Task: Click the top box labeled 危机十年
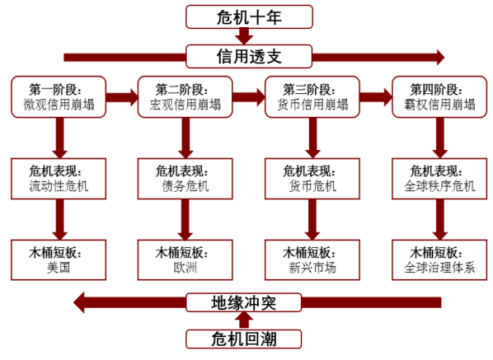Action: pyautogui.click(x=249, y=16)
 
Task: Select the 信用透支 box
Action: pyautogui.click(x=249, y=57)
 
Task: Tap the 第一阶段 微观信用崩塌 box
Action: pyautogui.click(x=59, y=96)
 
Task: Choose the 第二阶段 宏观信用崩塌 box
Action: pyautogui.click(x=185, y=96)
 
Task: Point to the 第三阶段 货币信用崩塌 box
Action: pyautogui.click(x=312, y=96)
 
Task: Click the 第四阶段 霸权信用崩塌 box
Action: pyautogui.click(x=439, y=96)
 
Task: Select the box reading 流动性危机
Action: pyautogui.click(x=59, y=179)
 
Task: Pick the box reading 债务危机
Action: pyautogui.click(x=185, y=179)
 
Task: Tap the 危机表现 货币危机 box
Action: pyautogui.click(x=312, y=179)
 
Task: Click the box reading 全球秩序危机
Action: pyautogui.click(x=439, y=179)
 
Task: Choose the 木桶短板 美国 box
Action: pyautogui.click(x=59, y=259)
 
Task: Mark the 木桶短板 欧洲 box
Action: pyautogui.click(x=185, y=259)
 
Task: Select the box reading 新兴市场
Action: pyautogui.click(x=312, y=259)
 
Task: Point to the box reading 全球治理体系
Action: pyautogui.click(x=439, y=259)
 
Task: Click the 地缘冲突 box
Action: pyautogui.click(x=244, y=302)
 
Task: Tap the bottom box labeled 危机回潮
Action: pyautogui.click(x=244, y=339)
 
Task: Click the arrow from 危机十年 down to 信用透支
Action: pyautogui.click(x=244, y=35)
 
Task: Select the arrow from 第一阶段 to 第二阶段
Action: pyautogui.click(x=122, y=97)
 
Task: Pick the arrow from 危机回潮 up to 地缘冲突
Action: pyautogui.click(x=244, y=320)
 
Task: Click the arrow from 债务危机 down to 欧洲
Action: pyautogui.click(x=185, y=220)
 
